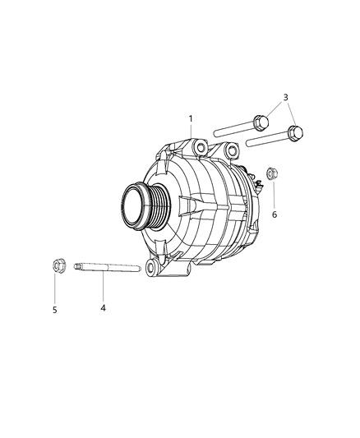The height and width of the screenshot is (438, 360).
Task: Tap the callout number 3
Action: point(285,98)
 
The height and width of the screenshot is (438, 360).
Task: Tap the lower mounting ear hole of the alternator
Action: point(151,267)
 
